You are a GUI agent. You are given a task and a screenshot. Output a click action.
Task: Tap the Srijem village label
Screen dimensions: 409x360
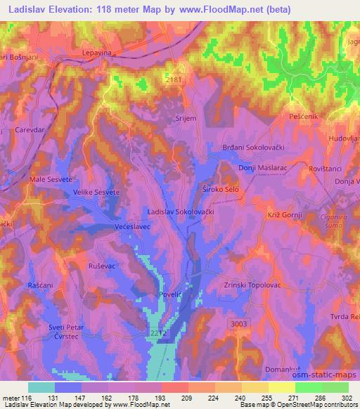coord(185,119)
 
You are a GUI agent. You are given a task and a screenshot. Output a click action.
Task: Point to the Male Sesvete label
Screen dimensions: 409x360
coord(46,180)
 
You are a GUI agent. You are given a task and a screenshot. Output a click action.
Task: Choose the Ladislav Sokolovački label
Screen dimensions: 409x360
coord(181,210)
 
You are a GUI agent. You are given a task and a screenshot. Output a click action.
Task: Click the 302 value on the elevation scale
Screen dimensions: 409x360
coord(347,397)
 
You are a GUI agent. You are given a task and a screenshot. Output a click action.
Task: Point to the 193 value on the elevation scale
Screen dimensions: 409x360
coord(161,397)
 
